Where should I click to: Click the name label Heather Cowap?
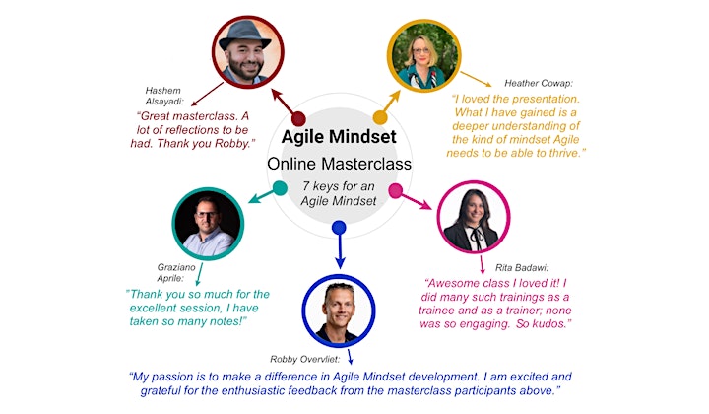tap(539, 83)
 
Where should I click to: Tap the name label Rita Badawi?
tap(522, 268)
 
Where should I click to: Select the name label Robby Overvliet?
tap(304, 359)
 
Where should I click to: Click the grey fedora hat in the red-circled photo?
tap(244, 34)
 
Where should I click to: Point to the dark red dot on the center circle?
tap(298, 119)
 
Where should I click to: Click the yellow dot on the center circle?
tap(380, 117)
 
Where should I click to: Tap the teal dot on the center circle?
tap(280, 188)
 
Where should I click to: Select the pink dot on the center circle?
tap(395, 190)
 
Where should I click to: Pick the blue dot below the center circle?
tap(339, 227)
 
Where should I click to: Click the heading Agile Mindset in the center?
tap(339, 137)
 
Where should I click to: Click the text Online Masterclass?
tap(339, 164)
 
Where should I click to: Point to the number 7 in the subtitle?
tap(306, 186)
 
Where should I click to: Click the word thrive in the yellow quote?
tap(564, 154)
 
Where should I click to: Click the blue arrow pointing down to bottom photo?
tap(340, 248)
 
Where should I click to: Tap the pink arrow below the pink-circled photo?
tap(482, 265)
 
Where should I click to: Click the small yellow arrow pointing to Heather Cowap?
tap(476, 79)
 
